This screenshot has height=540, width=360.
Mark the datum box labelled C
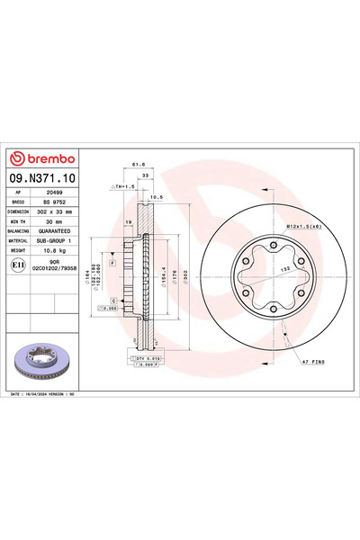114,299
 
